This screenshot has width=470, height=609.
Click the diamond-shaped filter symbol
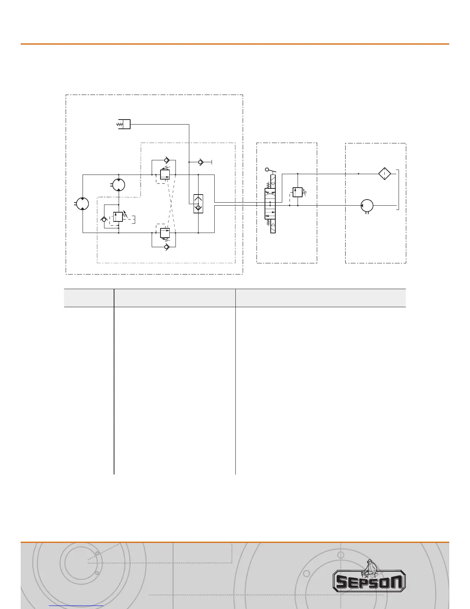pos(384,174)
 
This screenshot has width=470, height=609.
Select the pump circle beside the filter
pos(367,205)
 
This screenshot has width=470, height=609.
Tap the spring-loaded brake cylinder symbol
pos(124,124)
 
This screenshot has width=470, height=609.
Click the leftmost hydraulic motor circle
pos(83,203)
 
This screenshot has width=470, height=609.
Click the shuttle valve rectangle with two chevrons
pos(199,204)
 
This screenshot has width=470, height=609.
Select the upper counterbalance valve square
pos(165,174)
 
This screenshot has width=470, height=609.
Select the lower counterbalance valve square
pos(165,233)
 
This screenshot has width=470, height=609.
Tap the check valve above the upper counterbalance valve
pos(165,160)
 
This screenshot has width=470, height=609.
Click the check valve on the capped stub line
pos(200,163)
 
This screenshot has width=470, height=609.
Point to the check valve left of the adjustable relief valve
pos(103,220)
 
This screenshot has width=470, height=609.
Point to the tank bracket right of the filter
pos(399,190)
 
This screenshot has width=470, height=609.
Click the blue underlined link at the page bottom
pos(76,606)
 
